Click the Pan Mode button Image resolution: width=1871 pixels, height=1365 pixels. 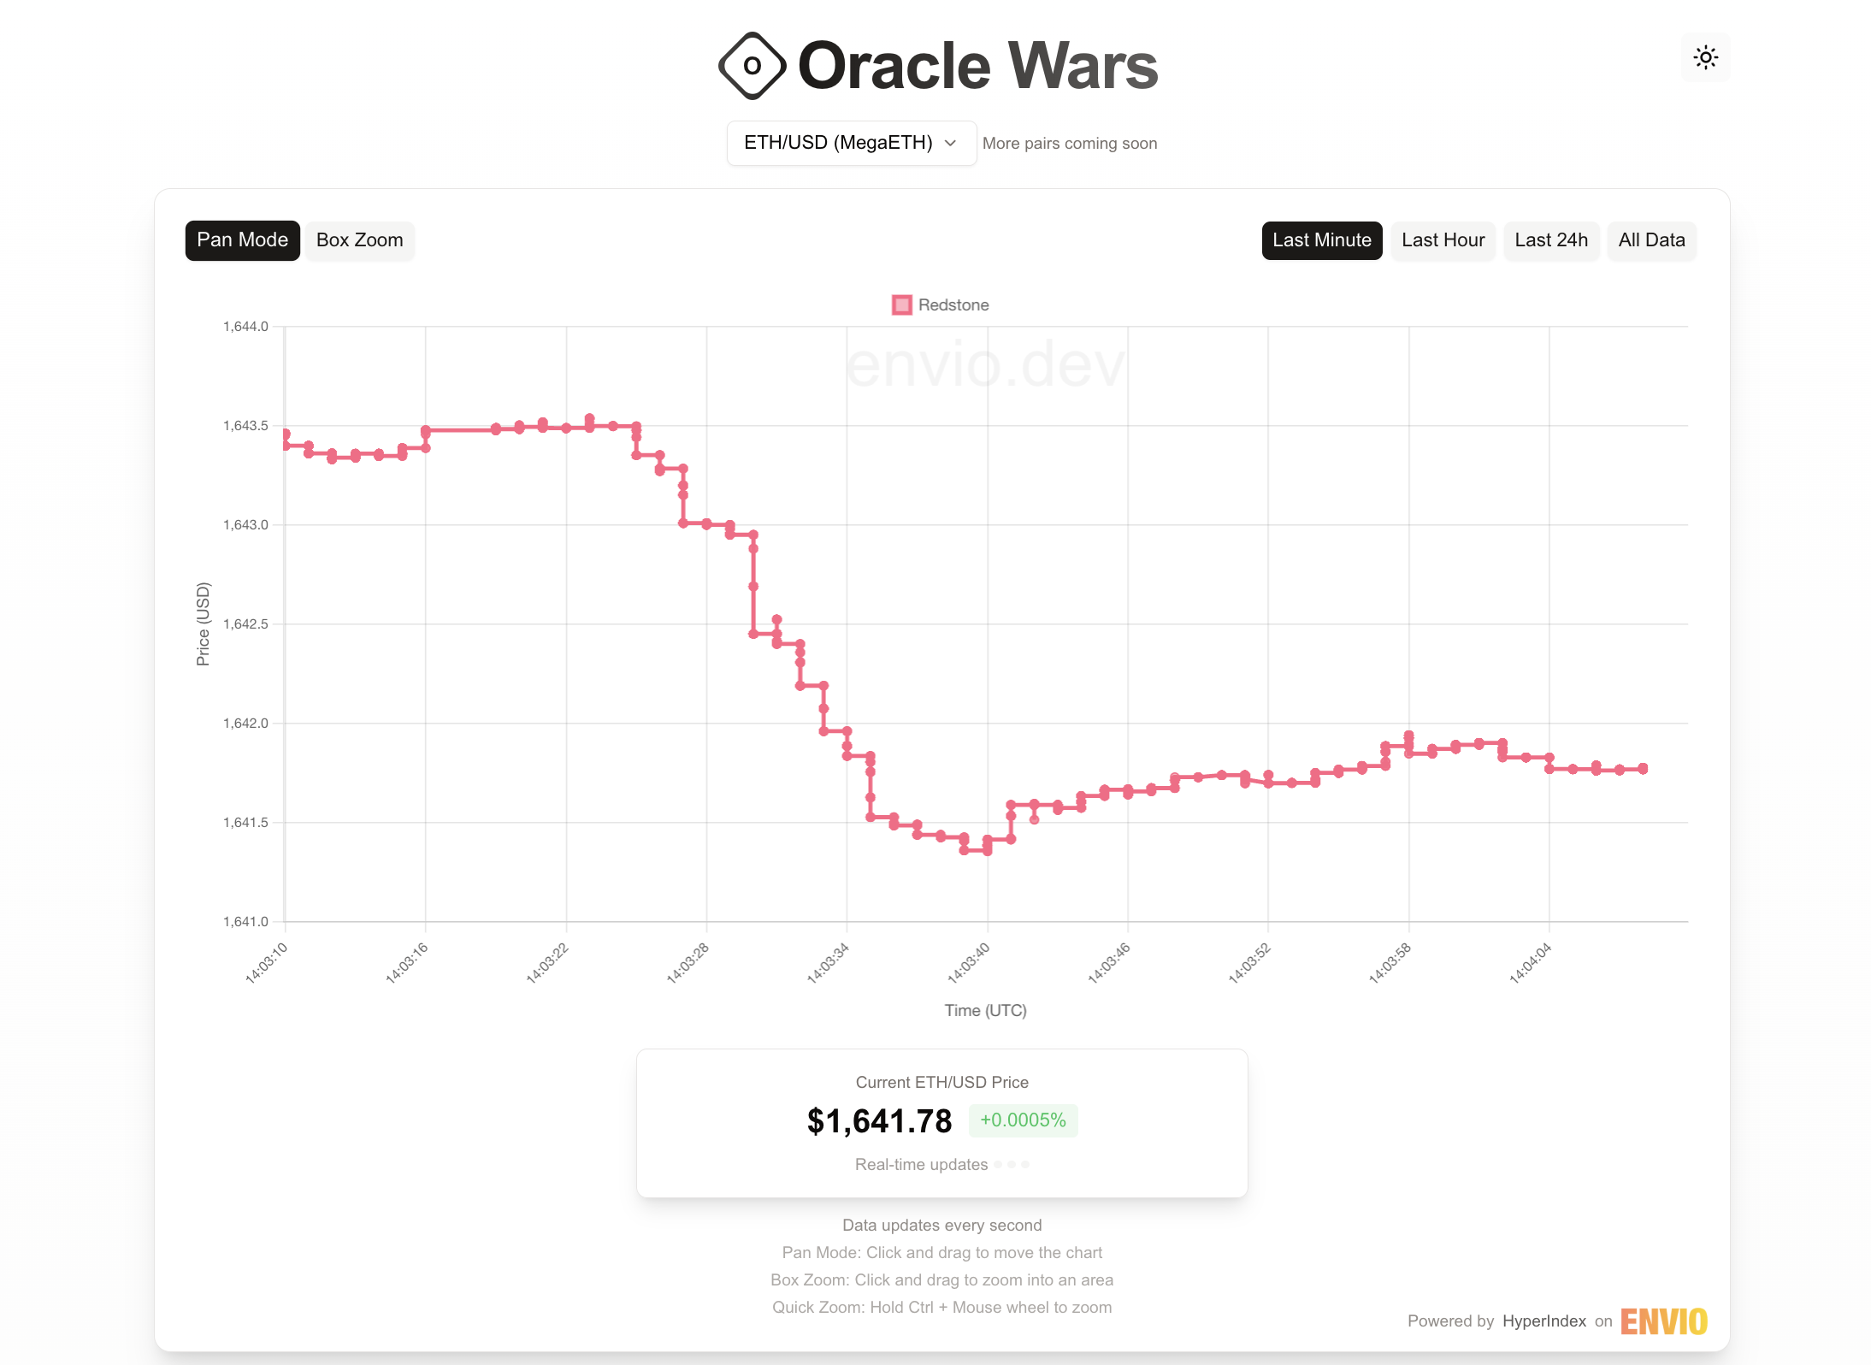tap(242, 240)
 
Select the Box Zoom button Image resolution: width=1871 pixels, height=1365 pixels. tap(359, 240)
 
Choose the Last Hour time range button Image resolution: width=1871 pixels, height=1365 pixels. tap(1443, 240)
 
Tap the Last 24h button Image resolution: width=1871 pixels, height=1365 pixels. tap(1550, 240)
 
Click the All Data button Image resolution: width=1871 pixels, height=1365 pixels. tap(1650, 240)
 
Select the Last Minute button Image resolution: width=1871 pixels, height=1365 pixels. tap(1321, 240)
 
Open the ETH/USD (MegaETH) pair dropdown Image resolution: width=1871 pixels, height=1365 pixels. tap(850, 143)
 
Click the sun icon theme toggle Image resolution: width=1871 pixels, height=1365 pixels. tap(1705, 58)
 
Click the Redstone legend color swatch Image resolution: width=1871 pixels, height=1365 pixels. tap(901, 305)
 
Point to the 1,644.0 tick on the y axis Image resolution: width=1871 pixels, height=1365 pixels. tap(245, 327)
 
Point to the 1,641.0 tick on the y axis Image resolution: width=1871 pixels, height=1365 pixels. tap(245, 922)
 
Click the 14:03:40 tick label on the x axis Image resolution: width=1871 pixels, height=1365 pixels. tap(969, 963)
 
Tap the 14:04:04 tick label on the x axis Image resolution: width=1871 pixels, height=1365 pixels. tap(1530, 963)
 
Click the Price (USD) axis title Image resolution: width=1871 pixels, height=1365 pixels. tap(203, 623)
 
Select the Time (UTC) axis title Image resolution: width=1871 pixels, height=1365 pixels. tap(985, 1011)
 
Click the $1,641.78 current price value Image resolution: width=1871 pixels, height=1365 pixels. tap(879, 1121)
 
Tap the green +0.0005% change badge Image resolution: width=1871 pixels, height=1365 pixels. tap(1023, 1120)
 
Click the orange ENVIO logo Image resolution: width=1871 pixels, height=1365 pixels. tap(1663, 1321)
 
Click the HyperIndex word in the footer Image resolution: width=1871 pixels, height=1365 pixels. tap(1543, 1321)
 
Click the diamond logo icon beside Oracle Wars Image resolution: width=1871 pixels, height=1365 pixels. tap(752, 66)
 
